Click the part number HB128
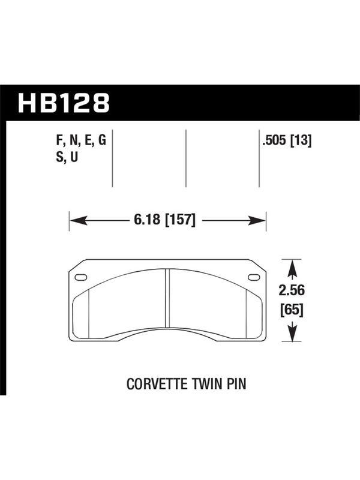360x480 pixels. (64, 103)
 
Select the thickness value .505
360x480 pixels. (274, 141)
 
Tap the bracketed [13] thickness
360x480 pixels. (301, 141)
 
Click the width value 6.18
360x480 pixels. (146, 220)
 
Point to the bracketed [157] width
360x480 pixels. (180, 220)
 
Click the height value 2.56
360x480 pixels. (292, 290)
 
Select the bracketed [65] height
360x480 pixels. (292, 310)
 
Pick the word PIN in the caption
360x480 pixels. (236, 384)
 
